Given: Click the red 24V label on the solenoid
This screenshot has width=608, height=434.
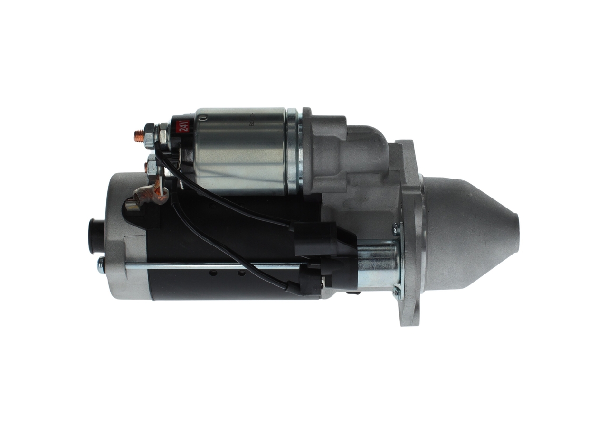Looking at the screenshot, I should pos(183,127).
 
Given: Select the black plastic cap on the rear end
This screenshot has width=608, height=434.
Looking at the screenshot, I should pos(95,236).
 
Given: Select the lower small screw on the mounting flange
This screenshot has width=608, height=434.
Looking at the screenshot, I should pos(395,291).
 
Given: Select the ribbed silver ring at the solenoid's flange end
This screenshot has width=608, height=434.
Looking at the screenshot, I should pos(293,151).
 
